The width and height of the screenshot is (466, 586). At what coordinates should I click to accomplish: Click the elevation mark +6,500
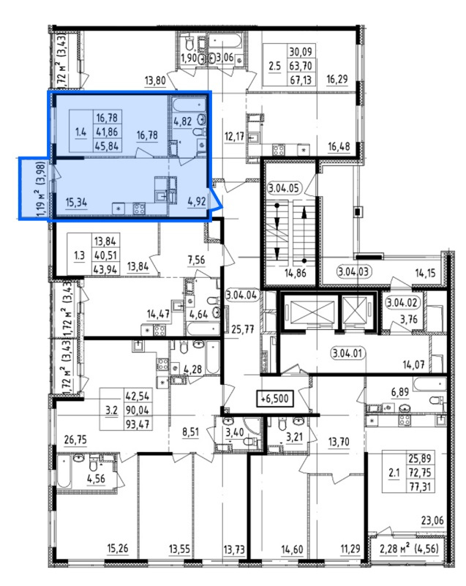[274, 399]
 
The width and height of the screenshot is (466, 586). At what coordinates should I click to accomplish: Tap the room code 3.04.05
[284, 188]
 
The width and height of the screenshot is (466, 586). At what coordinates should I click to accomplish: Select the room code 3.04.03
[354, 271]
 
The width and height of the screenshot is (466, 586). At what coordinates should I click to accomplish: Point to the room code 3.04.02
[402, 302]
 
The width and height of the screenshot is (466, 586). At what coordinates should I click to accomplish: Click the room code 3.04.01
[347, 353]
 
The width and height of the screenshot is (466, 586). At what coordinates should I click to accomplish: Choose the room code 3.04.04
[241, 296]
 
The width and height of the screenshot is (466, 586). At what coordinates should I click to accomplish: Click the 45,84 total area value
[108, 146]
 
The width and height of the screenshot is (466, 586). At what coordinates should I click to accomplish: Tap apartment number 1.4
[80, 132]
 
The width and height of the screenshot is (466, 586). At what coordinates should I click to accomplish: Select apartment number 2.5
[274, 66]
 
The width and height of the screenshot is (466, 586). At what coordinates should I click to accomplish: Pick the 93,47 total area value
[137, 424]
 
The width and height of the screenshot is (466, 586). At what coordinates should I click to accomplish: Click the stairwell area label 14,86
[296, 273]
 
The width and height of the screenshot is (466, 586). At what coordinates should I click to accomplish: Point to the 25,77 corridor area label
[243, 329]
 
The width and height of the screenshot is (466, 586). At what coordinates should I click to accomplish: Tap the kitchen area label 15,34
[76, 202]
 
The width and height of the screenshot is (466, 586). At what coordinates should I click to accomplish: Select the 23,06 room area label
[432, 520]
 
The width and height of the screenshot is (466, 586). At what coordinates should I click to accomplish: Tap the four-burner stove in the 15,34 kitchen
[140, 209]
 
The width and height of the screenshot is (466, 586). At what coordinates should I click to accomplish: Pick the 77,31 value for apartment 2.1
[420, 487]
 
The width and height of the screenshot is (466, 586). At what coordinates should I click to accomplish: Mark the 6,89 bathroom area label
[400, 392]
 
